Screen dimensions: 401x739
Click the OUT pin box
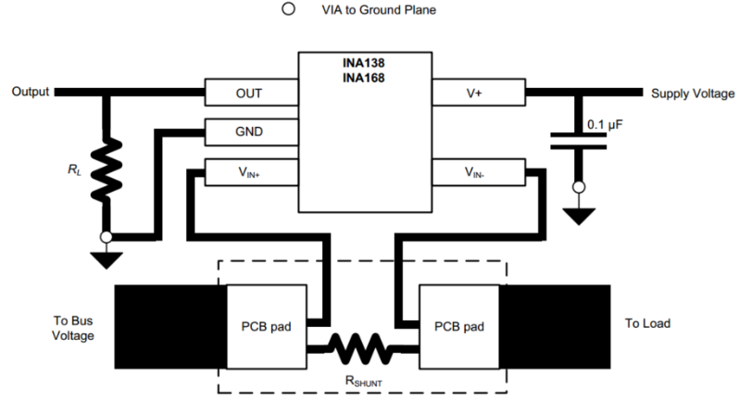pos(250,93)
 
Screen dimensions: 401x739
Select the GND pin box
pos(250,132)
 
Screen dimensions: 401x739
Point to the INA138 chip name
pos(365,64)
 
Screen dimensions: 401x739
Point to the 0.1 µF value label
pos(606,124)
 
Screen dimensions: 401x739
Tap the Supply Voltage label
pos(693,94)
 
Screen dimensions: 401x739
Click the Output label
pos(28,93)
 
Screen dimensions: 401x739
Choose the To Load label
pos(648,323)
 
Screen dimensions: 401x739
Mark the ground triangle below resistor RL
pos(106,260)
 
